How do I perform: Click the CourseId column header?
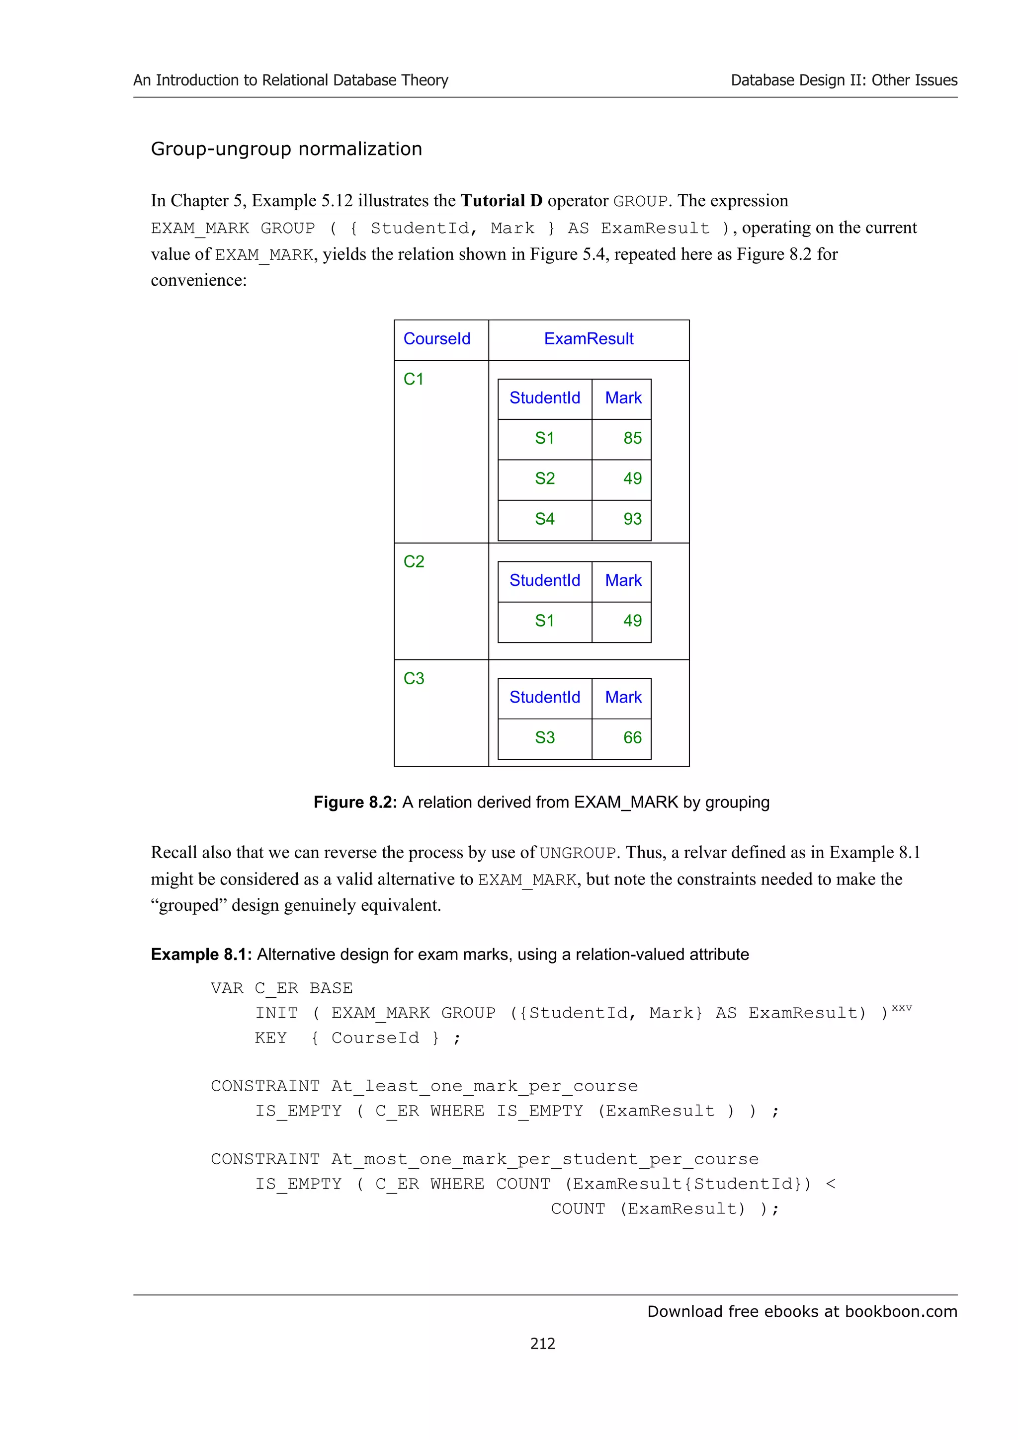(x=436, y=339)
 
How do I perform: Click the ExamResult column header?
(x=589, y=339)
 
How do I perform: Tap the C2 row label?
(x=414, y=561)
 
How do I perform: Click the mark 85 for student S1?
(x=632, y=438)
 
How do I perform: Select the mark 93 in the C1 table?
(x=632, y=519)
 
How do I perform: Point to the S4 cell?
(x=544, y=519)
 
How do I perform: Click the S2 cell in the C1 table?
(x=544, y=479)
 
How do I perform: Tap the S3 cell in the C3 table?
(x=544, y=737)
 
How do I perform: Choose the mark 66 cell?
(x=632, y=737)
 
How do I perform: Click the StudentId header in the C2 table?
(x=544, y=581)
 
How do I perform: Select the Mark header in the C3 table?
(x=623, y=698)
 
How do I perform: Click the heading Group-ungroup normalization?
(x=286, y=149)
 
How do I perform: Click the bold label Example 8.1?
(x=201, y=954)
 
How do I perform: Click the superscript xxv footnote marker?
(x=901, y=1008)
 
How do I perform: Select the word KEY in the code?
(x=270, y=1038)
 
